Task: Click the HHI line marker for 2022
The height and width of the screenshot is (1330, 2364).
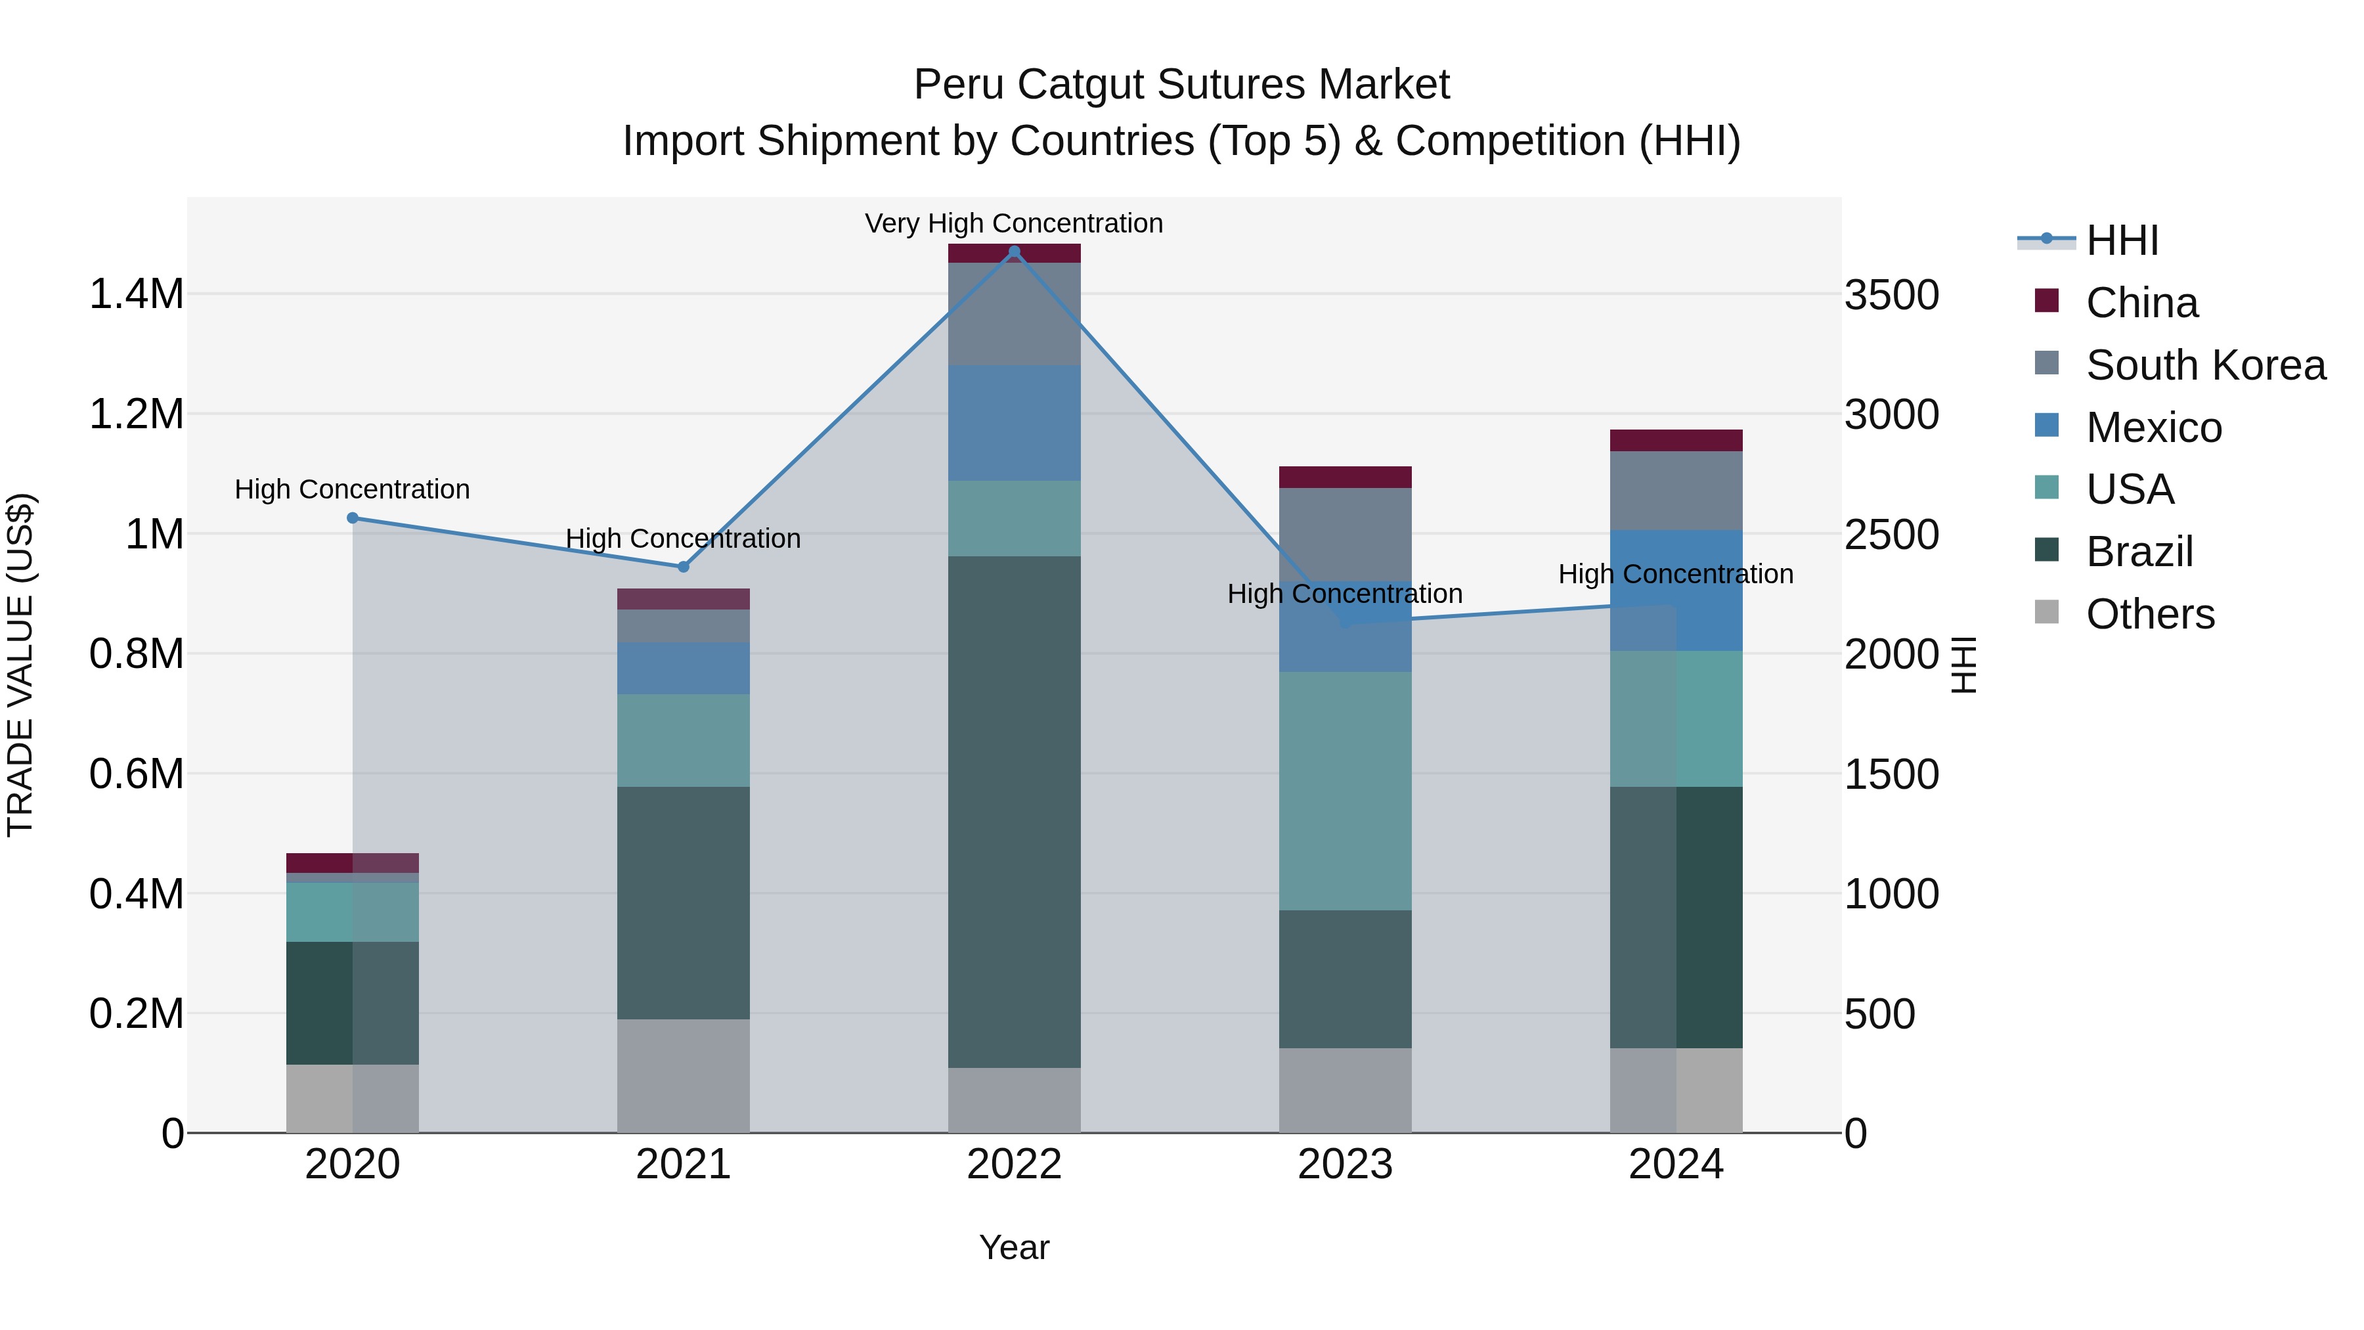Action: point(1014,252)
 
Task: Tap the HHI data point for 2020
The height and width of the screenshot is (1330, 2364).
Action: point(353,518)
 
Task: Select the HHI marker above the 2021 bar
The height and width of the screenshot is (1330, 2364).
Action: point(683,566)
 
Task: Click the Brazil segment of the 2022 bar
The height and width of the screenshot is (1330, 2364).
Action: point(1014,811)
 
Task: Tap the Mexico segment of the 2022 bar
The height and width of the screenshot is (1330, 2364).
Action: point(1014,422)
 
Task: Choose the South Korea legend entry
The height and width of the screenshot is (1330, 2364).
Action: point(2205,365)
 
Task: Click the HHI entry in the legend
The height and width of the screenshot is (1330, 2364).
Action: point(2122,240)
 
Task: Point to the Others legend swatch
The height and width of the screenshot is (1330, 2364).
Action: point(2046,612)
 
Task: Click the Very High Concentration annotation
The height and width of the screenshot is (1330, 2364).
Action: point(1014,223)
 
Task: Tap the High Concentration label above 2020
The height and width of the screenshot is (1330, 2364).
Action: point(353,489)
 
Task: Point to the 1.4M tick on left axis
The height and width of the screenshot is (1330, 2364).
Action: point(136,295)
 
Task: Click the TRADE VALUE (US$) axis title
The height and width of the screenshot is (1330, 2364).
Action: point(20,665)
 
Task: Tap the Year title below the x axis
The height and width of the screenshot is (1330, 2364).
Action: point(1014,1247)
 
